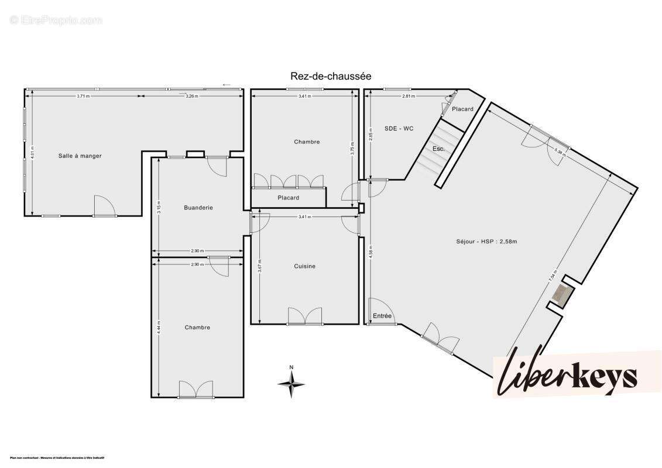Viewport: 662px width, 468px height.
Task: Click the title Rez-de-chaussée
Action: [x=331, y=76]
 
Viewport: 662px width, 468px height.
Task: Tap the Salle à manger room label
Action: [x=80, y=156]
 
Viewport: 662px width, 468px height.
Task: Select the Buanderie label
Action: [x=198, y=208]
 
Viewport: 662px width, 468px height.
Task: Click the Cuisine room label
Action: [x=304, y=266]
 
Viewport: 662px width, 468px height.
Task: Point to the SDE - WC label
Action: [x=399, y=128]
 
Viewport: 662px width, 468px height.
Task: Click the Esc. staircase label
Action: [x=438, y=149]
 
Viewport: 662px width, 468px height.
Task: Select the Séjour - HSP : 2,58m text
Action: [x=486, y=241]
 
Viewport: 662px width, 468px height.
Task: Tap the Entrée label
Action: [x=382, y=316]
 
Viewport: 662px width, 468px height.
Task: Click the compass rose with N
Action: [x=291, y=383]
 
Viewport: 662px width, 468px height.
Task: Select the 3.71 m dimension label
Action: [x=83, y=96]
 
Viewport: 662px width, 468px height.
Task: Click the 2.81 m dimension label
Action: [x=408, y=96]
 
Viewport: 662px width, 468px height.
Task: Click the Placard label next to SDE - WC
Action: [x=462, y=109]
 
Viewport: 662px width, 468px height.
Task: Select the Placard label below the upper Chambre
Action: [x=288, y=198]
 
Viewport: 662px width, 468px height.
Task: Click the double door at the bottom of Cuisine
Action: [x=304, y=316]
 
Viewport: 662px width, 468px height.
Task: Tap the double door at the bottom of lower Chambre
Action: [x=197, y=389]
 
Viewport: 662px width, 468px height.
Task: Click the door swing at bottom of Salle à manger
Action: [x=104, y=205]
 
